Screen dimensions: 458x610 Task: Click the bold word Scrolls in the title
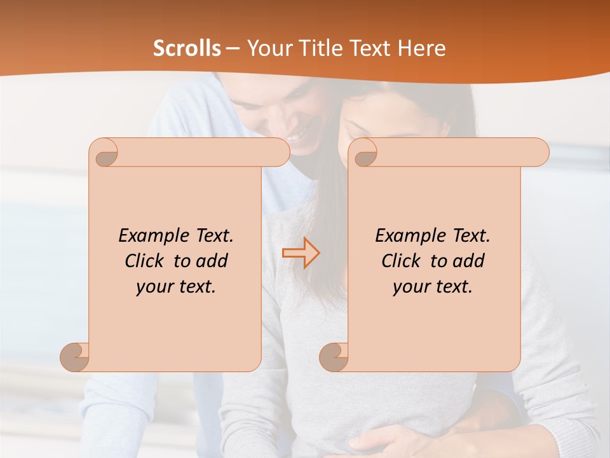tap(187, 48)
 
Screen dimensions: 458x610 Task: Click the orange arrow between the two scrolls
tap(301, 253)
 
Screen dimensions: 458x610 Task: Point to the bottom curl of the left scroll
tap(75, 356)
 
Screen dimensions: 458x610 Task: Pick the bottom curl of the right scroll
tap(334, 356)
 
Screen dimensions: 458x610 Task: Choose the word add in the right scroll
tap(469, 261)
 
